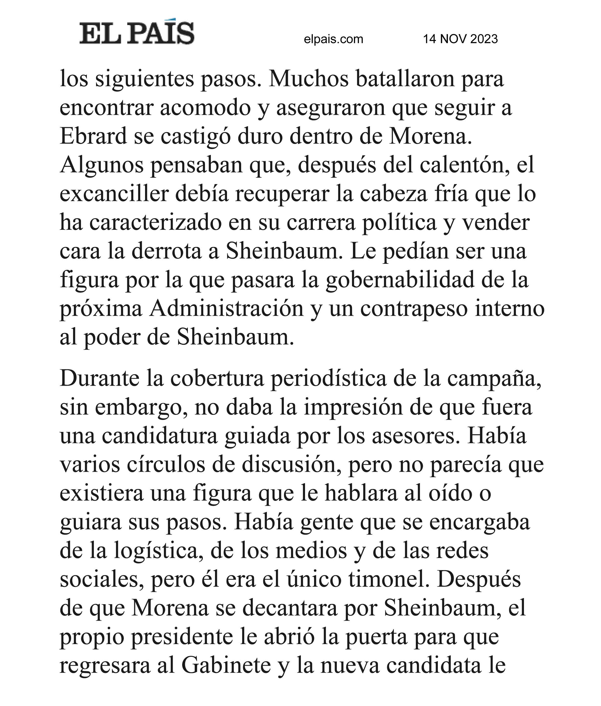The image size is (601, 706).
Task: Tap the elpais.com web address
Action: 333,39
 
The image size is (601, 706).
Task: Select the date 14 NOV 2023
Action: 460,39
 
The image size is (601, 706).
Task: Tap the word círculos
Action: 166,464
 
